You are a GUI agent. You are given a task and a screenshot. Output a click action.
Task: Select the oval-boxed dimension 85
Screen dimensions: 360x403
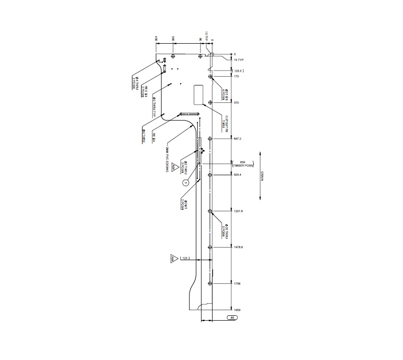[232, 318]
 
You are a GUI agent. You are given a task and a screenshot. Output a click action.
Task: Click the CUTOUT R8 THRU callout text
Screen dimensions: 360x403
[224, 121]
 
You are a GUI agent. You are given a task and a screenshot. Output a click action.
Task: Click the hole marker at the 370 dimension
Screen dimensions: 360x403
[210, 103]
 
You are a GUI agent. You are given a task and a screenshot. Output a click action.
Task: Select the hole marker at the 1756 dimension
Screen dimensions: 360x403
[210, 284]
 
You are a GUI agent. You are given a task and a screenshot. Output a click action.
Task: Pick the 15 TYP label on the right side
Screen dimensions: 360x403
[238, 60]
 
